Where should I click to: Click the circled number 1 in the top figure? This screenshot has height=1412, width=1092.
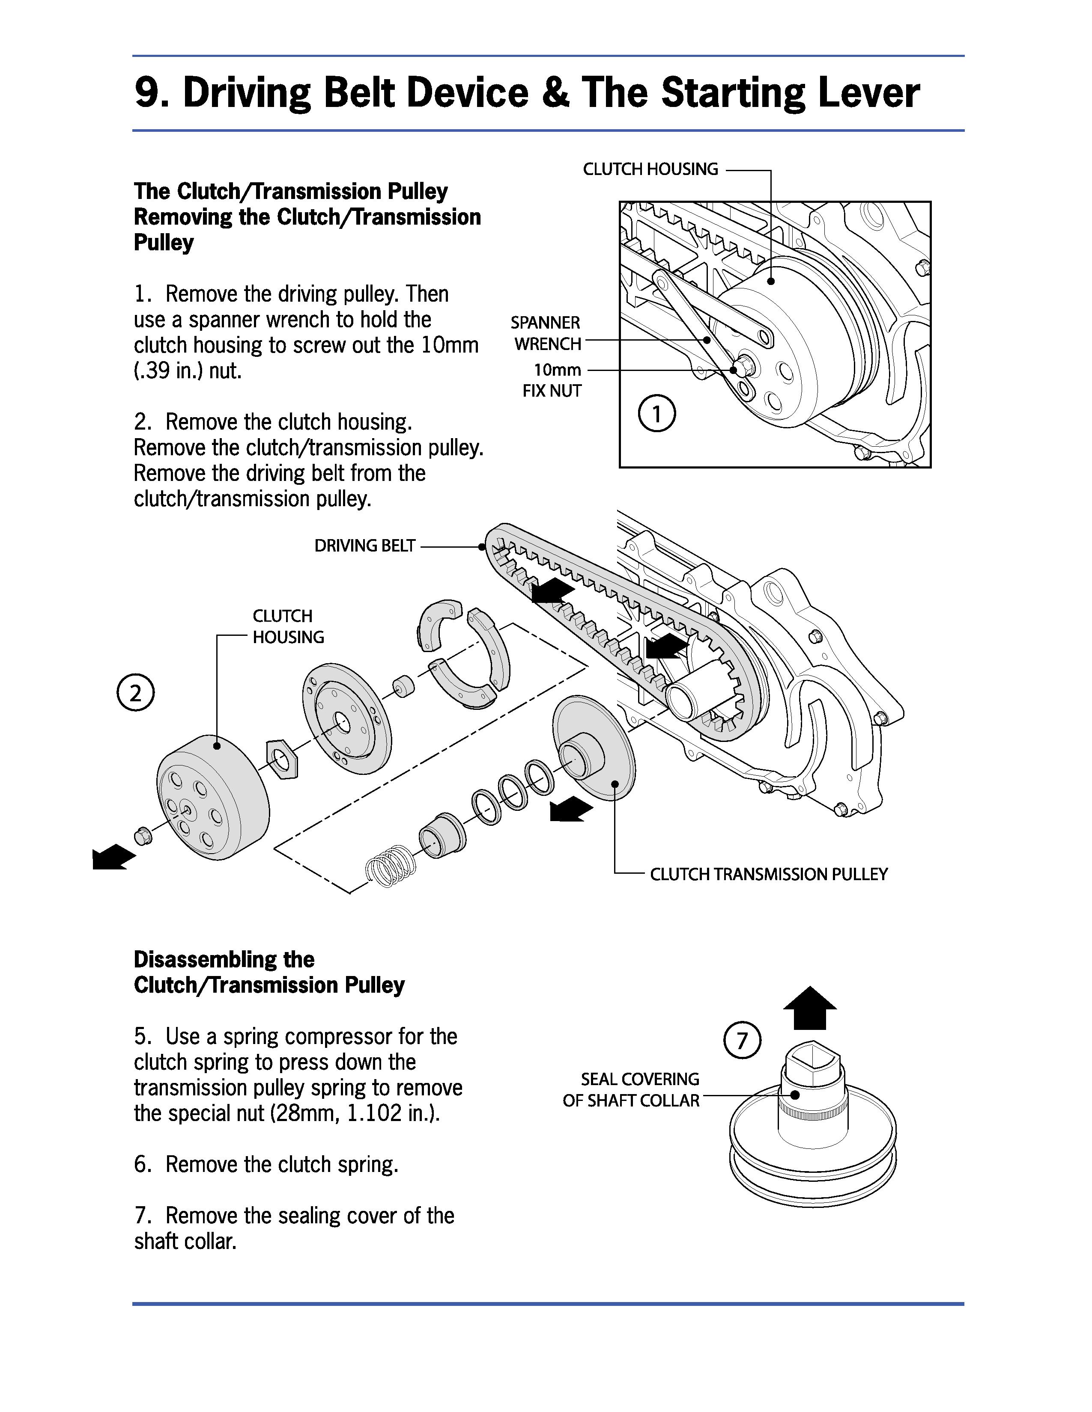pyautogui.click(x=656, y=414)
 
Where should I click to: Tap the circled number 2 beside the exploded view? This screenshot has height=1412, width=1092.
pyautogui.click(x=135, y=693)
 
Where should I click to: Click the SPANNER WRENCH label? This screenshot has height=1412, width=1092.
pyautogui.click(x=547, y=333)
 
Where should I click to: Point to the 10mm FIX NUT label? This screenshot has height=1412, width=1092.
pyautogui.click(x=553, y=380)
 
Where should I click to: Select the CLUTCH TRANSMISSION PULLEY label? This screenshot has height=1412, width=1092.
pyautogui.click(x=769, y=874)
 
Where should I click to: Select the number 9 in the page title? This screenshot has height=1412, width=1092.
pyautogui.click(x=147, y=92)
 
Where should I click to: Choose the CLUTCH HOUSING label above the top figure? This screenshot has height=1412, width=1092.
pyautogui.click(x=650, y=169)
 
